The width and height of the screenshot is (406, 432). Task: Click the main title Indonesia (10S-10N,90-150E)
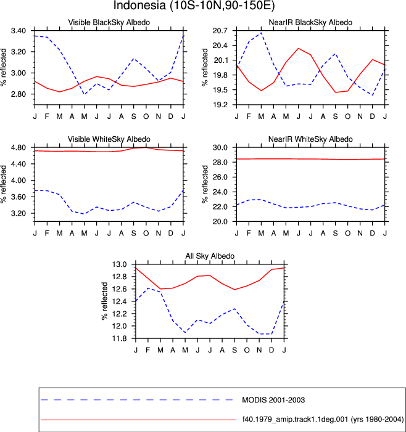(x=194, y=6)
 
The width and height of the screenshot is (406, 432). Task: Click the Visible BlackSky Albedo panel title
(x=109, y=22)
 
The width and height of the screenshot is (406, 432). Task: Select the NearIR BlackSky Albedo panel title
(x=310, y=22)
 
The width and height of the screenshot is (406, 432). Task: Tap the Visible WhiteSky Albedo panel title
(x=109, y=139)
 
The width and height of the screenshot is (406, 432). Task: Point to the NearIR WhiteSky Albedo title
(x=310, y=139)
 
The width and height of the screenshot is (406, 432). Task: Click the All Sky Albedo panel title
(x=210, y=256)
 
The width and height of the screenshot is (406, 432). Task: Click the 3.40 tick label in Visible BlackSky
(x=19, y=31)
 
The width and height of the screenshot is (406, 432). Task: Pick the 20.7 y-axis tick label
(x=220, y=31)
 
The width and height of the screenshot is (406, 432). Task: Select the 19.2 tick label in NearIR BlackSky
(x=220, y=105)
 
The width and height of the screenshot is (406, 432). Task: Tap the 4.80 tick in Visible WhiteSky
(x=19, y=148)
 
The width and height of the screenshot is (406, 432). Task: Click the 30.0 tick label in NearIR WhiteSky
(x=220, y=148)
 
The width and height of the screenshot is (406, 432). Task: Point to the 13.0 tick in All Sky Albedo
(x=119, y=264)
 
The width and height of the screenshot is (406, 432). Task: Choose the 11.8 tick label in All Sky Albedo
(x=119, y=338)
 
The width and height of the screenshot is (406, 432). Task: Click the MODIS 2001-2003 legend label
(x=273, y=400)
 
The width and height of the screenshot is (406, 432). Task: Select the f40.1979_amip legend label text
(x=323, y=420)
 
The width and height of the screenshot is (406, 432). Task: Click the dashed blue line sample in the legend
(x=138, y=400)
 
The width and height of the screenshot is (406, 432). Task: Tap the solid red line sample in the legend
(x=138, y=420)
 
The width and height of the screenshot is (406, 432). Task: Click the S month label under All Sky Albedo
(x=234, y=350)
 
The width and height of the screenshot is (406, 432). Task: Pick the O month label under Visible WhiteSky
(x=146, y=234)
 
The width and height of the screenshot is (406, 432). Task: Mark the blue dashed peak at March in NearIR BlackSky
(x=261, y=33)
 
